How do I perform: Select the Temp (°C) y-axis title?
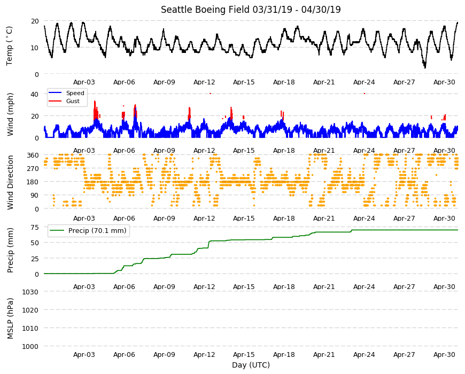pos(10,46)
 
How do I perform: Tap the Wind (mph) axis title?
pos(10,114)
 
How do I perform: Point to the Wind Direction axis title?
pos(10,183)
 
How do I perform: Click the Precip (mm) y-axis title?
pos(10,250)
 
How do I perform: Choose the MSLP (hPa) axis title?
pos(10,318)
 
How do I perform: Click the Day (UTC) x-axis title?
pos(251,365)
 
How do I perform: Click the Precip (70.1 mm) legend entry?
pos(89,231)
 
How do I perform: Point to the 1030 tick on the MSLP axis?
pos(30,292)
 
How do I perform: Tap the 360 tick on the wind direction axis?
pos(33,155)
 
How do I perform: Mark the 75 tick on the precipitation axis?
pos(35,228)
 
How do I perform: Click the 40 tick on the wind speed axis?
pos(35,95)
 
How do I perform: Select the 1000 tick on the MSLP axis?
pos(30,346)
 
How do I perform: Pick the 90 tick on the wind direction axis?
pos(35,196)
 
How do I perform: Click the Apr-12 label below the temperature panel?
pos(204,82)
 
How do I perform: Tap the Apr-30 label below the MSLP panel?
pos(444,354)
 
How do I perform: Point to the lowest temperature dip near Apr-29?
pos(425,67)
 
